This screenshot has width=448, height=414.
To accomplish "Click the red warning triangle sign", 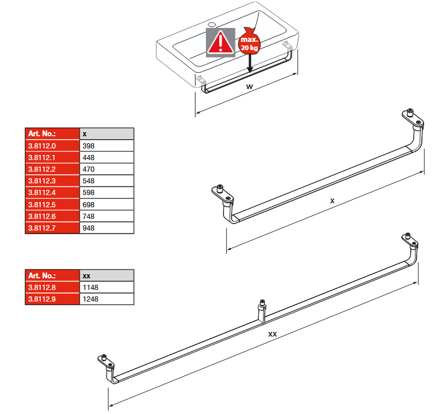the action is (x=221, y=43).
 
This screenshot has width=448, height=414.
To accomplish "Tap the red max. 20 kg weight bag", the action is (x=250, y=41).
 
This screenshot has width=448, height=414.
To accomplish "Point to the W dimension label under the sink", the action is (x=250, y=86).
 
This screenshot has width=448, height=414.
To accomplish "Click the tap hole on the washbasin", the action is (x=212, y=24).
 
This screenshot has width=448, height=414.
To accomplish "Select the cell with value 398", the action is (x=106, y=146).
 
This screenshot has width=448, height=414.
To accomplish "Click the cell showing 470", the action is (x=106, y=169).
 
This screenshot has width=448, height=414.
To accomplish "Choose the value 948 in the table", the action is (x=106, y=228).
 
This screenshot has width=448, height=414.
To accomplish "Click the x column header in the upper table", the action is (x=106, y=134).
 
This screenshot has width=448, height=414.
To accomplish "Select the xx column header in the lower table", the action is (x=106, y=275).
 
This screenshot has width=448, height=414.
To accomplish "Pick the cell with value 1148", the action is (x=106, y=287).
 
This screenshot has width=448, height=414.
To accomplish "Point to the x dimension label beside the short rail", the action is (x=332, y=201).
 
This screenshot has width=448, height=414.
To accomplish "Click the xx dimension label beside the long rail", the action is (x=272, y=334).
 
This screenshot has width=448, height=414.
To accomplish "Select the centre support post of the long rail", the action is (x=262, y=311).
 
